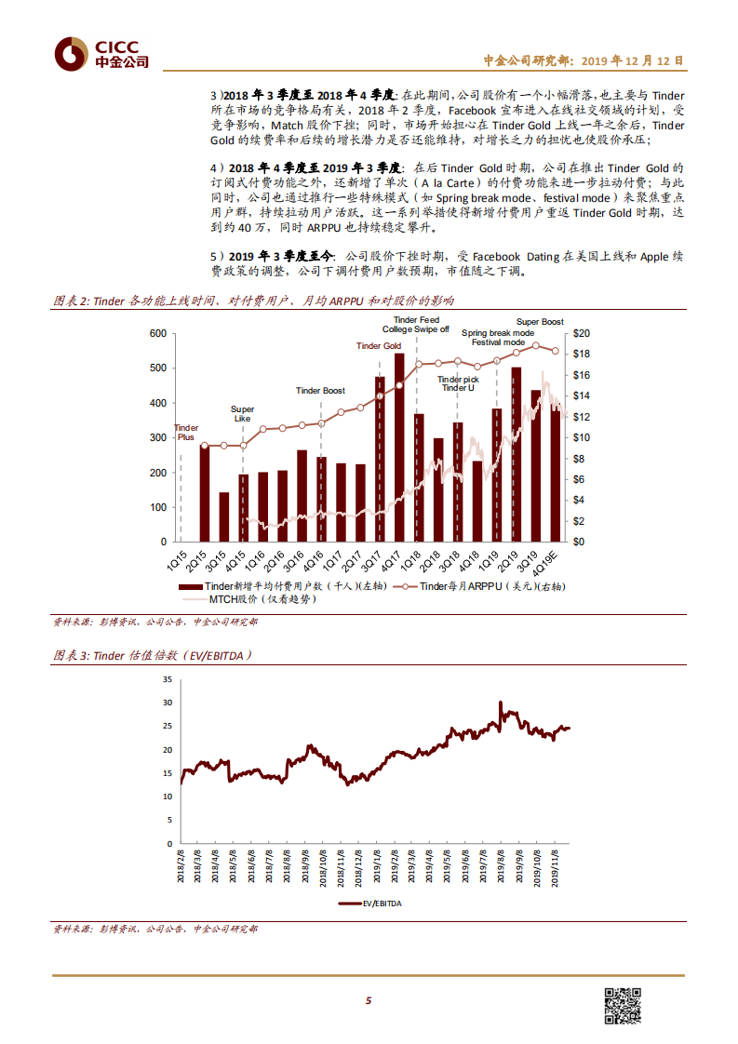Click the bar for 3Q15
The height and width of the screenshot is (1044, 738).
pos(224,516)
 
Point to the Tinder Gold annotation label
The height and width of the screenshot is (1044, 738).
pos(379,346)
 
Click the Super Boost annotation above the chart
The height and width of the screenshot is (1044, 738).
pos(540,322)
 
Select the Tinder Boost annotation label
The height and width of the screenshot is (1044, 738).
pos(320,391)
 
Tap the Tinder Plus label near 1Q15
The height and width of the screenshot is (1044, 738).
pos(186,430)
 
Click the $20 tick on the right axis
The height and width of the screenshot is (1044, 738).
pos(583,334)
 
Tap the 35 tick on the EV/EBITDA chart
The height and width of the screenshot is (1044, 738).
pos(168,678)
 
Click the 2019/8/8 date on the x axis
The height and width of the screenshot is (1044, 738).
pos(503,863)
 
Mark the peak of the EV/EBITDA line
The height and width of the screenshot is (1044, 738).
pos(501,703)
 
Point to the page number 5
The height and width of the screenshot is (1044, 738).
pos(369,1001)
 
